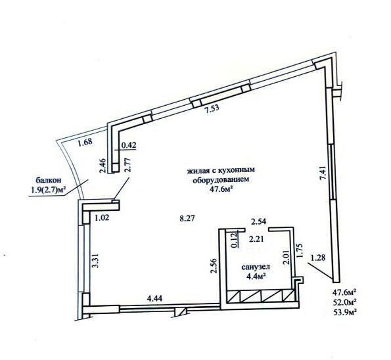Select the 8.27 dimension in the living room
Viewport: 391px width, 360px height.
pyautogui.click(x=187, y=218)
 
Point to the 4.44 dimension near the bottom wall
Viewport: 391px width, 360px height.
pyautogui.click(x=155, y=298)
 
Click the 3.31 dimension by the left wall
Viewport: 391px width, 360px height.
pyautogui.click(x=95, y=261)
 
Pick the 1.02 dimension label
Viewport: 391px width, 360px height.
pyautogui.click(x=102, y=218)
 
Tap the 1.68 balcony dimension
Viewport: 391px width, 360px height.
pyautogui.click(x=85, y=143)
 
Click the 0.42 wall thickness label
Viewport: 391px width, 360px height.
pyautogui.click(x=129, y=145)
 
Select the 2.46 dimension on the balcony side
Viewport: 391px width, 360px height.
pyautogui.click(x=103, y=166)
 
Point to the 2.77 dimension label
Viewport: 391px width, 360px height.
pyautogui.click(x=127, y=165)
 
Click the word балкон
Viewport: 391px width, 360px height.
pyautogui.click(x=49, y=179)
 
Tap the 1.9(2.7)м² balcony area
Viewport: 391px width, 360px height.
pyautogui.click(x=48, y=190)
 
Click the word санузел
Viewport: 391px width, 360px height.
pyautogui.click(x=256, y=267)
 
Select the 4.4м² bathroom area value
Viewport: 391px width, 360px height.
pyautogui.click(x=256, y=276)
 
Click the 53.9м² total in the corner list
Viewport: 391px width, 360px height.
pyautogui.click(x=344, y=311)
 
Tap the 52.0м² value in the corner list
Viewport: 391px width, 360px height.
pyautogui.click(x=344, y=302)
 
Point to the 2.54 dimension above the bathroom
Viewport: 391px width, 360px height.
pyautogui.click(x=259, y=221)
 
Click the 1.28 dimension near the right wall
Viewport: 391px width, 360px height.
pyautogui.click(x=318, y=258)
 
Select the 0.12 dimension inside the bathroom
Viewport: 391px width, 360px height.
pyautogui.click(x=235, y=240)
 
